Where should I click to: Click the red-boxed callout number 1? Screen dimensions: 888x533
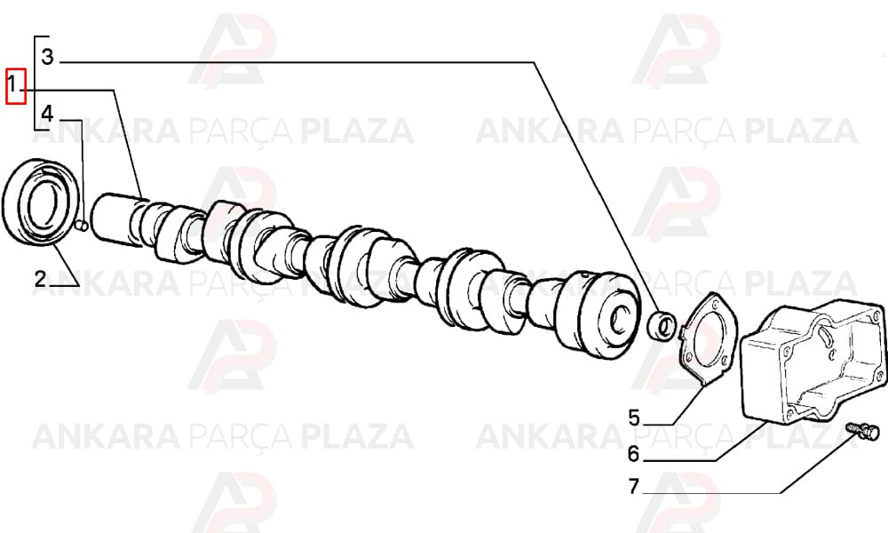point(15,86)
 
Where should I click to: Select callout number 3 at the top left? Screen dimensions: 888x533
point(48,57)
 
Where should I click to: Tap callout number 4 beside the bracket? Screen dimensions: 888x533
point(48,114)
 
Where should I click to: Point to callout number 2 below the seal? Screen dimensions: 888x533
point(40,279)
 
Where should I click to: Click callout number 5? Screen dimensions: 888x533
point(634,418)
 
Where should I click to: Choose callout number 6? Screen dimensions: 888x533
point(634,453)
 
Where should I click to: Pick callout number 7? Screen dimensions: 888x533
point(634,486)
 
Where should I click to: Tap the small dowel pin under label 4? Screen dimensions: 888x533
point(81,226)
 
